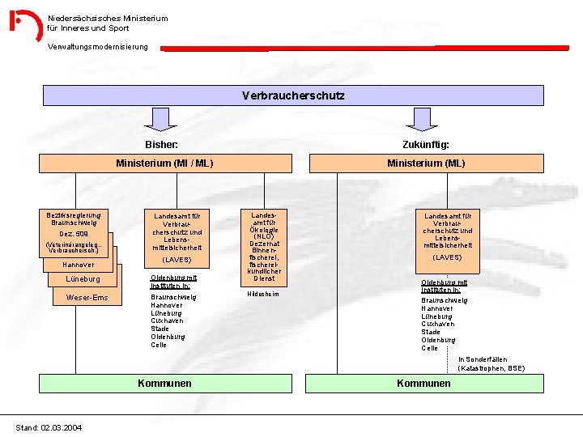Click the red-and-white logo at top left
[x=25, y=25]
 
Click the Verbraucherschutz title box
[x=293, y=95]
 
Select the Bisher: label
[x=161, y=144]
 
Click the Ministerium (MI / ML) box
[x=164, y=163]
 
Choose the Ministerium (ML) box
[x=426, y=163]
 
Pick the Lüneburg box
[x=83, y=279]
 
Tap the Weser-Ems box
[x=87, y=298]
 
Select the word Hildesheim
[x=262, y=294]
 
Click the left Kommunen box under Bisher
[x=164, y=383]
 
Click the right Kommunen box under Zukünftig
[x=423, y=383]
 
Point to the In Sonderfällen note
[x=491, y=364]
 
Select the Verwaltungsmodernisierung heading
[x=98, y=46]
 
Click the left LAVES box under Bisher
[x=177, y=238]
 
